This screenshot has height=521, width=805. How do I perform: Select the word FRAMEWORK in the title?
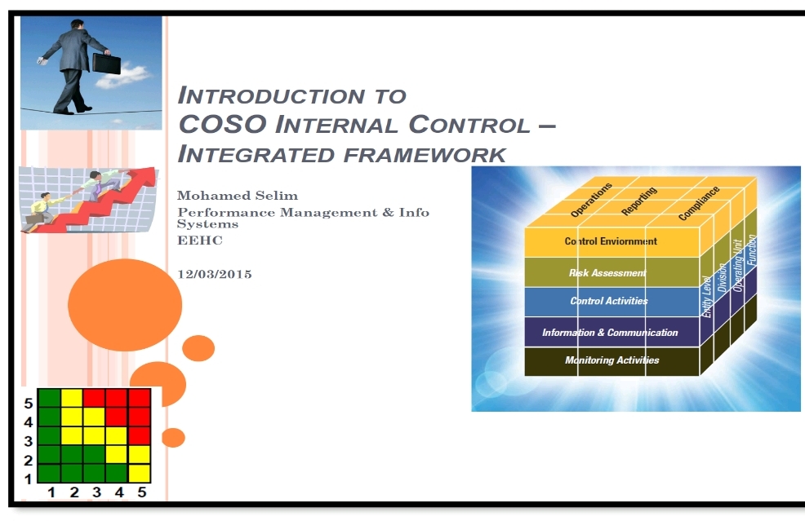point(425,155)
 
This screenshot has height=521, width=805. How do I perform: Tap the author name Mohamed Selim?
point(238,196)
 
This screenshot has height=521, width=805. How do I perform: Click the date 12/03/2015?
point(215,274)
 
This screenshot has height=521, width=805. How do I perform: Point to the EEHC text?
point(200,241)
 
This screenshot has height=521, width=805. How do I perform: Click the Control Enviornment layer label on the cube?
point(611,241)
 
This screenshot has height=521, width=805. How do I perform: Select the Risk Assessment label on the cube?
point(607,273)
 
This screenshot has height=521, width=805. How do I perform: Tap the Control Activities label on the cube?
point(609,301)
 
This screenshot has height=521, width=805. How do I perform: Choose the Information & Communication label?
point(610,333)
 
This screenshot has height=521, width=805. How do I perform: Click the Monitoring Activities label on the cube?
point(612,360)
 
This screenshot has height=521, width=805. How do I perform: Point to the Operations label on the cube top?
point(591,200)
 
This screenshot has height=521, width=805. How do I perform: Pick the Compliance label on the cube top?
point(699,204)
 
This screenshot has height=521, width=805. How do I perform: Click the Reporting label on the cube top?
point(639,201)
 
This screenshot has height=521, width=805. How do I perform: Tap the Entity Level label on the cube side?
point(707,297)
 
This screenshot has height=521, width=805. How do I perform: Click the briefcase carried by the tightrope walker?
point(106,64)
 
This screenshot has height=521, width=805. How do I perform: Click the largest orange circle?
point(125,305)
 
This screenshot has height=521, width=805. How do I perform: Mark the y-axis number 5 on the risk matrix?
point(29,404)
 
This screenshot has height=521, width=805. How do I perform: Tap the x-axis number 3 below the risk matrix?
point(96,492)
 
